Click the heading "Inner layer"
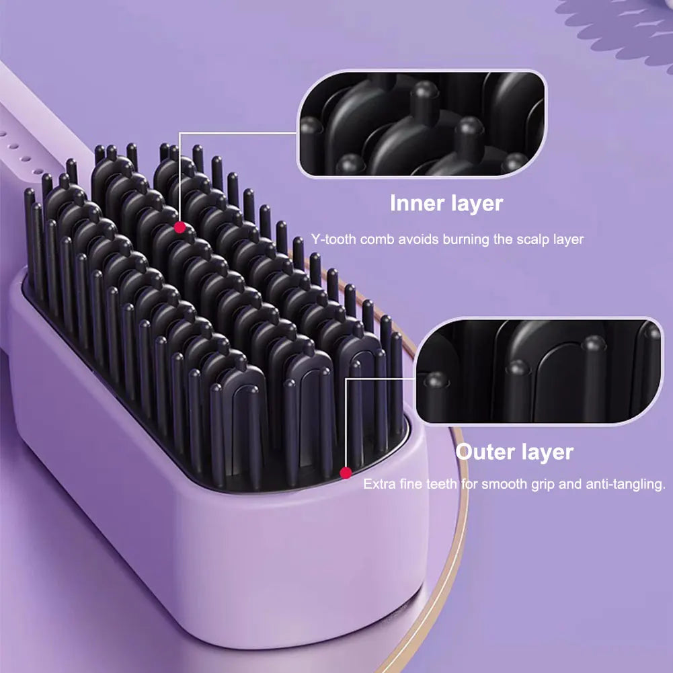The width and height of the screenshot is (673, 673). pyautogui.click(x=446, y=203)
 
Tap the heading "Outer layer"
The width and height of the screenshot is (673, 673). pyautogui.click(x=514, y=452)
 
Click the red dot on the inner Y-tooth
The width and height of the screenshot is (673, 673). pyautogui.click(x=180, y=228)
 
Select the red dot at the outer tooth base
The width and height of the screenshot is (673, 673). pyautogui.click(x=346, y=473)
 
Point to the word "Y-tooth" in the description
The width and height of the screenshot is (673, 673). pyautogui.click(x=333, y=239)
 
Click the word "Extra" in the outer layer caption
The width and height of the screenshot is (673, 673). pyautogui.click(x=377, y=484)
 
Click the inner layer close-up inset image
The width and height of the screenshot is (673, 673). pyautogui.click(x=422, y=124)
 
